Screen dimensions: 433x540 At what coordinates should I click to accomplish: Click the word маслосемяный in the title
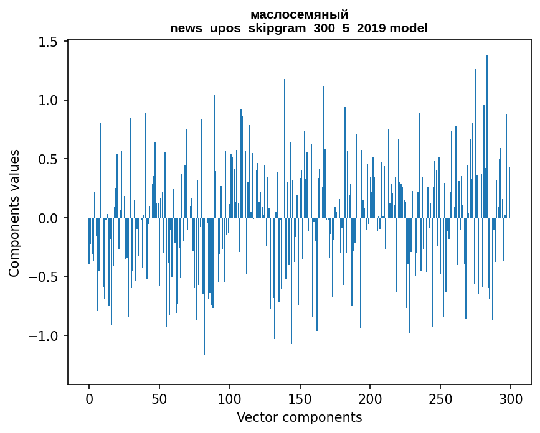click(299, 14)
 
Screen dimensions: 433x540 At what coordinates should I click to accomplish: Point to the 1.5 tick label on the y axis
click(47, 42)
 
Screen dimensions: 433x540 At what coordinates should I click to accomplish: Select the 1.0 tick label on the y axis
click(47, 101)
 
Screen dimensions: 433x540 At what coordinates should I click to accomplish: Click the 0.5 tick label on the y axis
click(47, 159)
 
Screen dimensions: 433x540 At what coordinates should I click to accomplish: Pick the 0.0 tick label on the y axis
click(47, 218)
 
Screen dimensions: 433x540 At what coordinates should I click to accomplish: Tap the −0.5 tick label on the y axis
click(44, 277)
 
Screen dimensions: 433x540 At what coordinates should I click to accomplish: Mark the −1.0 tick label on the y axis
click(44, 336)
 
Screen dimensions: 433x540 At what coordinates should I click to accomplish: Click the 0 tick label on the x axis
click(89, 398)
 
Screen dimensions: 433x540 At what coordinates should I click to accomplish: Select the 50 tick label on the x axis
click(159, 398)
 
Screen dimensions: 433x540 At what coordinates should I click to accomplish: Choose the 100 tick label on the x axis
click(230, 398)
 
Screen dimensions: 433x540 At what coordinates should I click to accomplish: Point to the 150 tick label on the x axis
click(300, 398)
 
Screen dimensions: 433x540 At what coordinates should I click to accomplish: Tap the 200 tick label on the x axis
click(370, 398)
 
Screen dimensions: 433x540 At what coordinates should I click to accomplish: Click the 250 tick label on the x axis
click(440, 398)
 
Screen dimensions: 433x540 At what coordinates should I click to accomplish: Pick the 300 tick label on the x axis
click(511, 398)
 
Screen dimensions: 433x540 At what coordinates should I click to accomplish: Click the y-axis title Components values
click(14, 213)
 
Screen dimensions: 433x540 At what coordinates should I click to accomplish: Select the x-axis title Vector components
click(299, 417)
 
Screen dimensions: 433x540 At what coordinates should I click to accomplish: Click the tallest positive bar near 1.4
click(487, 124)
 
